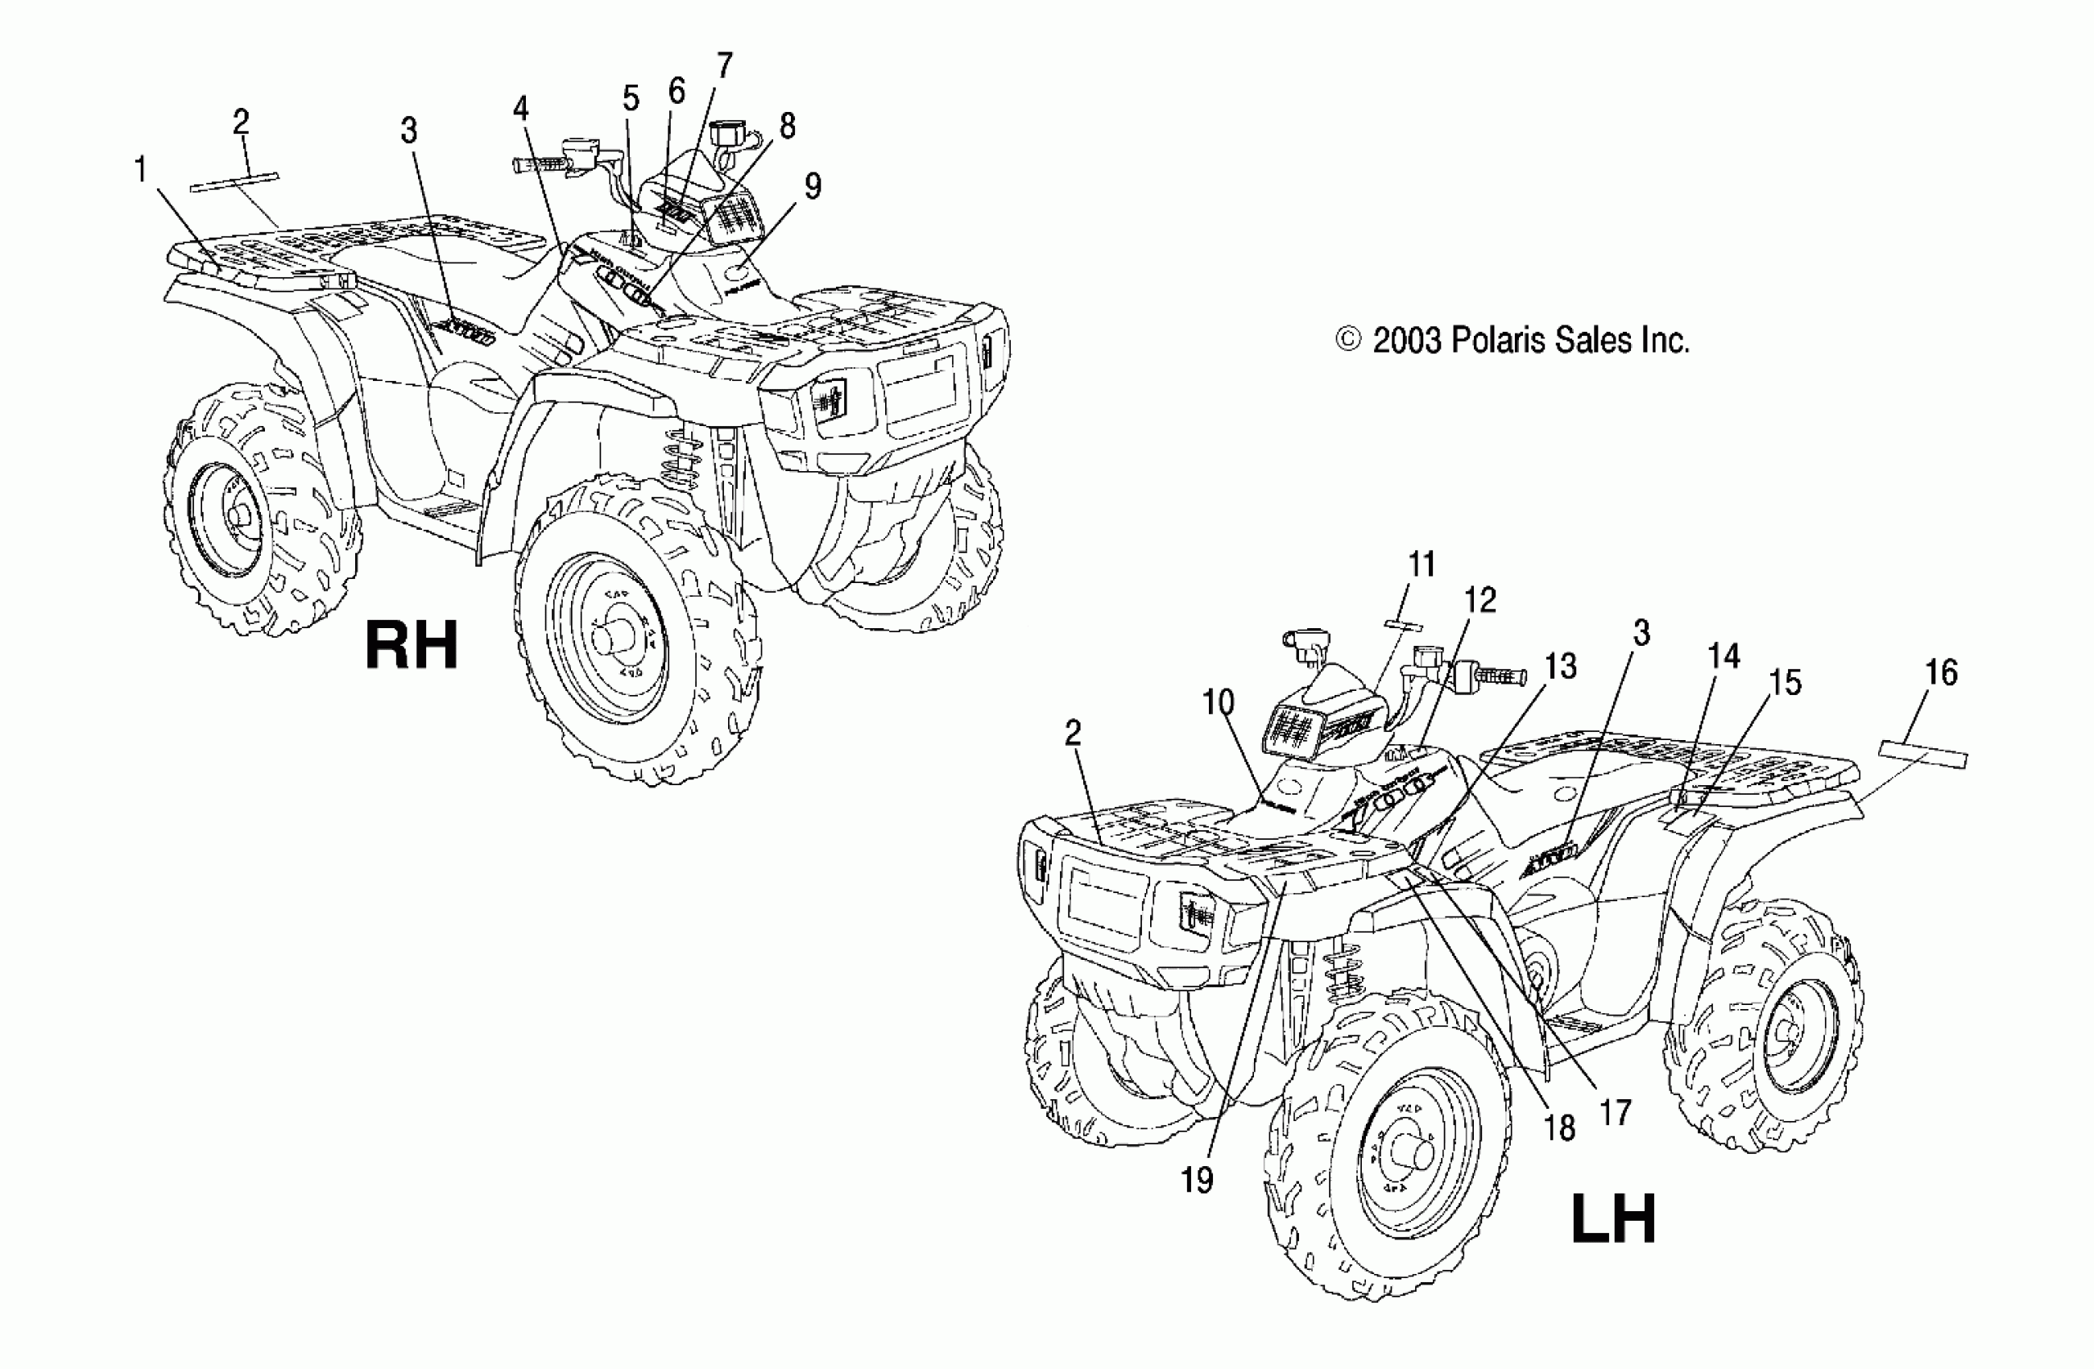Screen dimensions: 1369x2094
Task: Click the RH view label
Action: click(x=412, y=646)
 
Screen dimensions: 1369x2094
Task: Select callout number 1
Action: click(x=141, y=170)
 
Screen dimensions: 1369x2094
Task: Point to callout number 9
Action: click(x=812, y=187)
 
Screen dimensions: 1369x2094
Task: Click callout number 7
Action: click(x=723, y=65)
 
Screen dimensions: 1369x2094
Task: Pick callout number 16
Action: click(x=1940, y=673)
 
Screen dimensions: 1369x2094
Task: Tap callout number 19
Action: click(x=1197, y=1181)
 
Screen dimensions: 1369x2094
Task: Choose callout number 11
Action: click(x=1422, y=564)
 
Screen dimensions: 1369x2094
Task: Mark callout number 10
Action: click(x=1219, y=702)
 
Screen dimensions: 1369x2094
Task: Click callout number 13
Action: click(x=1560, y=666)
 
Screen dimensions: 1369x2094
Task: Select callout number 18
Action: click(x=1560, y=1127)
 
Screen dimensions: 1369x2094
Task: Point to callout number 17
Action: click(x=1616, y=1113)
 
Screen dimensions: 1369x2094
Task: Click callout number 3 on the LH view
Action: click(x=1641, y=633)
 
